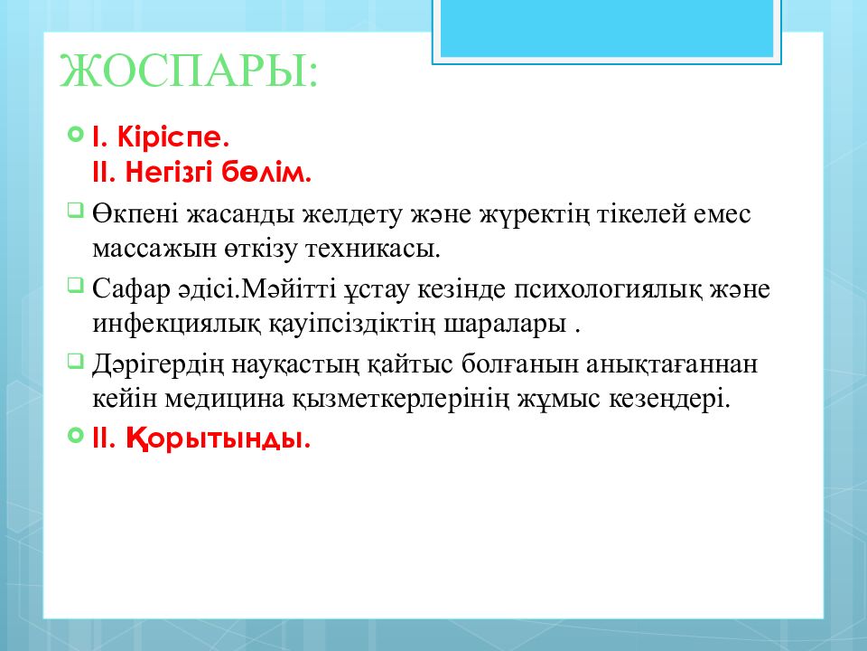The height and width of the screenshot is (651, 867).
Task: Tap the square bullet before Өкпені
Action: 74,212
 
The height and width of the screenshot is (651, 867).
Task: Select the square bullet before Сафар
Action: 74,286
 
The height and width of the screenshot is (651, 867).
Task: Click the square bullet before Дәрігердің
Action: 74,361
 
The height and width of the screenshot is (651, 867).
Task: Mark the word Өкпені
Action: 134,215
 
